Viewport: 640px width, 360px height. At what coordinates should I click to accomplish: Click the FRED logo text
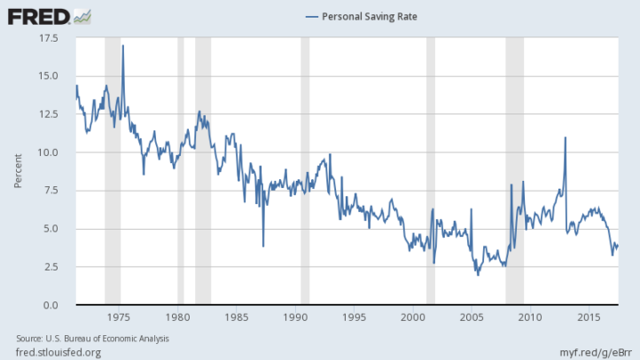tap(39, 17)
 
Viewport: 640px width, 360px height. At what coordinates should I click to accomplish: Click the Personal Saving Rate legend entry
tap(362, 17)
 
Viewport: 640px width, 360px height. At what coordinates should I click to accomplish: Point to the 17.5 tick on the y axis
tap(49, 38)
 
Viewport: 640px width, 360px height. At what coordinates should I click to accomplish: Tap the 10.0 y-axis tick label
tap(49, 153)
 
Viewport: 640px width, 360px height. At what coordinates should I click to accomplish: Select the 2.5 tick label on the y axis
tap(51, 267)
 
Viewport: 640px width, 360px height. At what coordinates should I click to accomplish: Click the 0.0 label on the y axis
tap(51, 305)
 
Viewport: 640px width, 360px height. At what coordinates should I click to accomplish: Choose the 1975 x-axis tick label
tap(119, 317)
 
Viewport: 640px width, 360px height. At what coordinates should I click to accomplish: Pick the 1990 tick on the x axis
tap(295, 317)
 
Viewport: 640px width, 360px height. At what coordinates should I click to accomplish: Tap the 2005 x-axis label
tap(472, 317)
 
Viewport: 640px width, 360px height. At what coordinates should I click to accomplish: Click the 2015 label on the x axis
tap(589, 317)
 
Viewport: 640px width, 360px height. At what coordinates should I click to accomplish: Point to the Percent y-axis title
tap(18, 171)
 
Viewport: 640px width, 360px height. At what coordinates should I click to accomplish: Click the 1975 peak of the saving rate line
tap(123, 45)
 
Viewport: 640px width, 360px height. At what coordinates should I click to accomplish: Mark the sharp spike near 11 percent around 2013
tap(566, 137)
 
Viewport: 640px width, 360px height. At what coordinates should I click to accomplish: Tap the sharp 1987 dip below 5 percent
tap(263, 247)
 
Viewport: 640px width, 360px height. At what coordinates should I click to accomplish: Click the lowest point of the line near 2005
tap(478, 275)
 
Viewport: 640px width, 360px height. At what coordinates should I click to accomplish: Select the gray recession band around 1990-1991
tap(305, 170)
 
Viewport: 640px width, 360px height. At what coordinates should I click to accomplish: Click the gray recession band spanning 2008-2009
tap(515, 170)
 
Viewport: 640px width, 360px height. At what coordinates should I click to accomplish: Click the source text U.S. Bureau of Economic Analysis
tap(107, 339)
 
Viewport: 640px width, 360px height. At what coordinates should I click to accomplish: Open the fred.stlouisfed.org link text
tap(59, 352)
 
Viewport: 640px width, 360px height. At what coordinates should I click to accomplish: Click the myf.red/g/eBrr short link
tap(595, 352)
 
